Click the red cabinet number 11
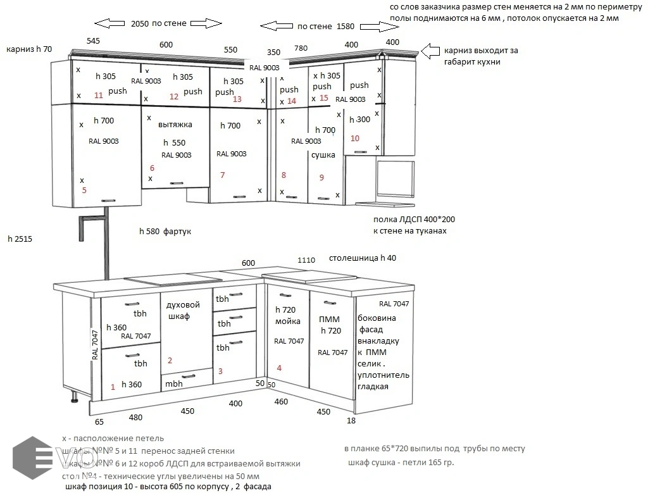(x=98, y=96)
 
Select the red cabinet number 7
(x=222, y=175)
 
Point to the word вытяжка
(x=175, y=125)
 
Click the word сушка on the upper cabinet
(x=323, y=155)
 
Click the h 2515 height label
(x=20, y=239)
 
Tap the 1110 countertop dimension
(x=306, y=259)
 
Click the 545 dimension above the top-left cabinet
(x=93, y=41)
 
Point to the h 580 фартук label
(x=165, y=232)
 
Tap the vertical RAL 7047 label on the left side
(x=95, y=346)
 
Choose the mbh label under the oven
(x=174, y=384)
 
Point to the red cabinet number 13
(x=237, y=99)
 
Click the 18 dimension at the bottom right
(x=351, y=420)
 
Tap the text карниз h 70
(x=28, y=49)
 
